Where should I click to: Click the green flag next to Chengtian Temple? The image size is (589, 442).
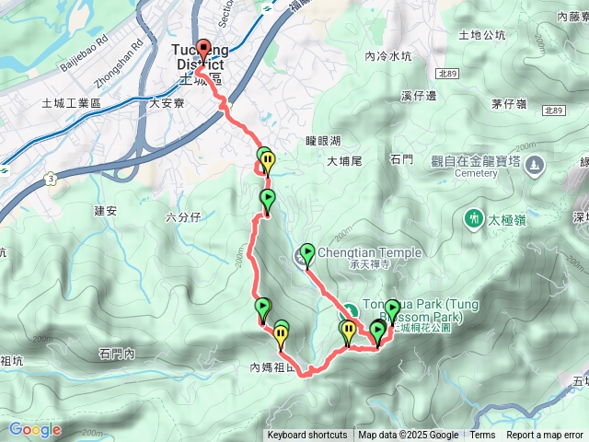tap(306, 252)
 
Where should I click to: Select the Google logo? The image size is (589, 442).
tap(35, 429)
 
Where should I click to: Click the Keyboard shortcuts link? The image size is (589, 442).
tap(307, 436)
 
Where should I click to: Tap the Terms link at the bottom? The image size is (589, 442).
tap(482, 436)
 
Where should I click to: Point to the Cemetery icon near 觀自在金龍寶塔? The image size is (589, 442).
tap(537, 165)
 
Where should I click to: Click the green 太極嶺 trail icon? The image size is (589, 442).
tap(473, 218)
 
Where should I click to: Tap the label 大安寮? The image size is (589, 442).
tap(167, 105)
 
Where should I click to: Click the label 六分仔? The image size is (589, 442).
tap(182, 218)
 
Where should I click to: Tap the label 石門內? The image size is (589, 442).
tap(117, 354)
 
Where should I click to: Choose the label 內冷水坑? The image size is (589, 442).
tap(387, 56)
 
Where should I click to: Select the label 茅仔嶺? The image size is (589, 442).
tap(508, 103)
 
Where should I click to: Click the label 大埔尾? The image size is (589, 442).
tap(346, 161)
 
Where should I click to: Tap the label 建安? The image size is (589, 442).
tap(106, 211)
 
